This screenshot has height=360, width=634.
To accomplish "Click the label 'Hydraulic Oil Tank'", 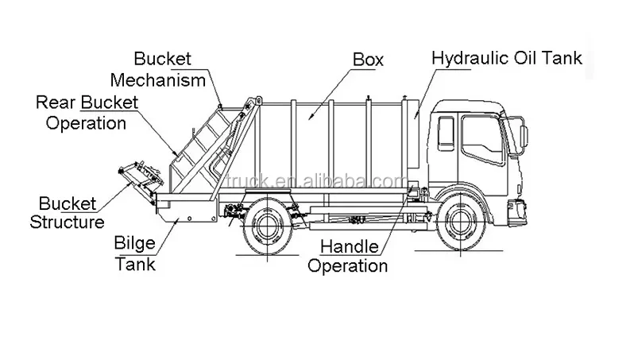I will [x=507, y=58].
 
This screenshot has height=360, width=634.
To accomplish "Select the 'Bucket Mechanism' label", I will [x=158, y=69].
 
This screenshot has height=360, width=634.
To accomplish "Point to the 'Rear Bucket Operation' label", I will [x=87, y=113].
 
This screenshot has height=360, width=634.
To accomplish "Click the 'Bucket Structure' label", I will [x=67, y=212].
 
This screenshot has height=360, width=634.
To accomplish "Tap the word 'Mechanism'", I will [x=158, y=79].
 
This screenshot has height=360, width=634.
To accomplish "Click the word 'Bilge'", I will [x=135, y=243].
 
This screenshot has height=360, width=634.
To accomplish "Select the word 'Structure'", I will [x=67, y=223].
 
